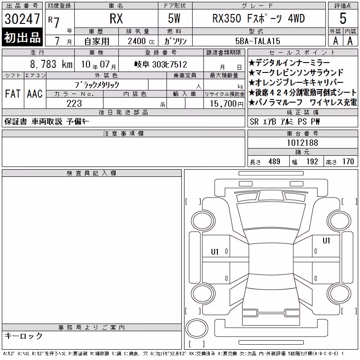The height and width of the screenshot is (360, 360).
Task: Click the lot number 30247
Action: tap(22, 19)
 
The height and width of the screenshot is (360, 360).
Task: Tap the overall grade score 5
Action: tap(343, 18)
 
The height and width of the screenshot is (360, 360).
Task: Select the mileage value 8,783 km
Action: tap(51, 64)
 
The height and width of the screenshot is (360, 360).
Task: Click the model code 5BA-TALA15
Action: tap(257, 41)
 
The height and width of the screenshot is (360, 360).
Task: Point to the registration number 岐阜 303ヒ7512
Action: tap(161, 64)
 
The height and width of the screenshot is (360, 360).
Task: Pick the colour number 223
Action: tap(74, 103)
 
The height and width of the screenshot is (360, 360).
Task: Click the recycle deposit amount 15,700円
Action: tap(226, 103)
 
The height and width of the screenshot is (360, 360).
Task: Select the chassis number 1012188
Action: tap(302, 143)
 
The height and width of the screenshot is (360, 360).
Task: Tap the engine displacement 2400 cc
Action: tap(141, 41)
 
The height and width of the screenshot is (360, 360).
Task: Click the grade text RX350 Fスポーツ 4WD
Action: tap(259, 18)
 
